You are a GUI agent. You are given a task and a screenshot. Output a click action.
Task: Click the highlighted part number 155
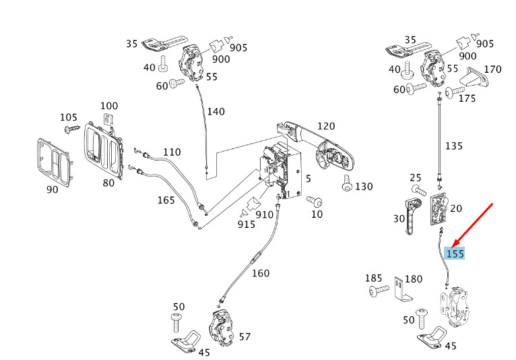click(x=455, y=253)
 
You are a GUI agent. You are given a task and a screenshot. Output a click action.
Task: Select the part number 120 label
click(x=326, y=126)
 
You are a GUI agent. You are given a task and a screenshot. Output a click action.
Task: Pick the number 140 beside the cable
click(x=216, y=111)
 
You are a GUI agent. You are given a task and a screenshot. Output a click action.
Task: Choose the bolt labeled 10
click(x=313, y=201)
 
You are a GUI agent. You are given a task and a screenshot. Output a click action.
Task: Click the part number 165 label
click(x=166, y=200)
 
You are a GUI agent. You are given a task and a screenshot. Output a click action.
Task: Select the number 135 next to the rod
click(x=454, y=145)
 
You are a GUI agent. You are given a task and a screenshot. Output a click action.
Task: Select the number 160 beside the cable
click(x=261, y=273)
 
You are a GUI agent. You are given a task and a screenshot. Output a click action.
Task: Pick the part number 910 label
click(x=265, y=214)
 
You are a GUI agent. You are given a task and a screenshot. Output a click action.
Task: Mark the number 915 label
click(x=246, y=224)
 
